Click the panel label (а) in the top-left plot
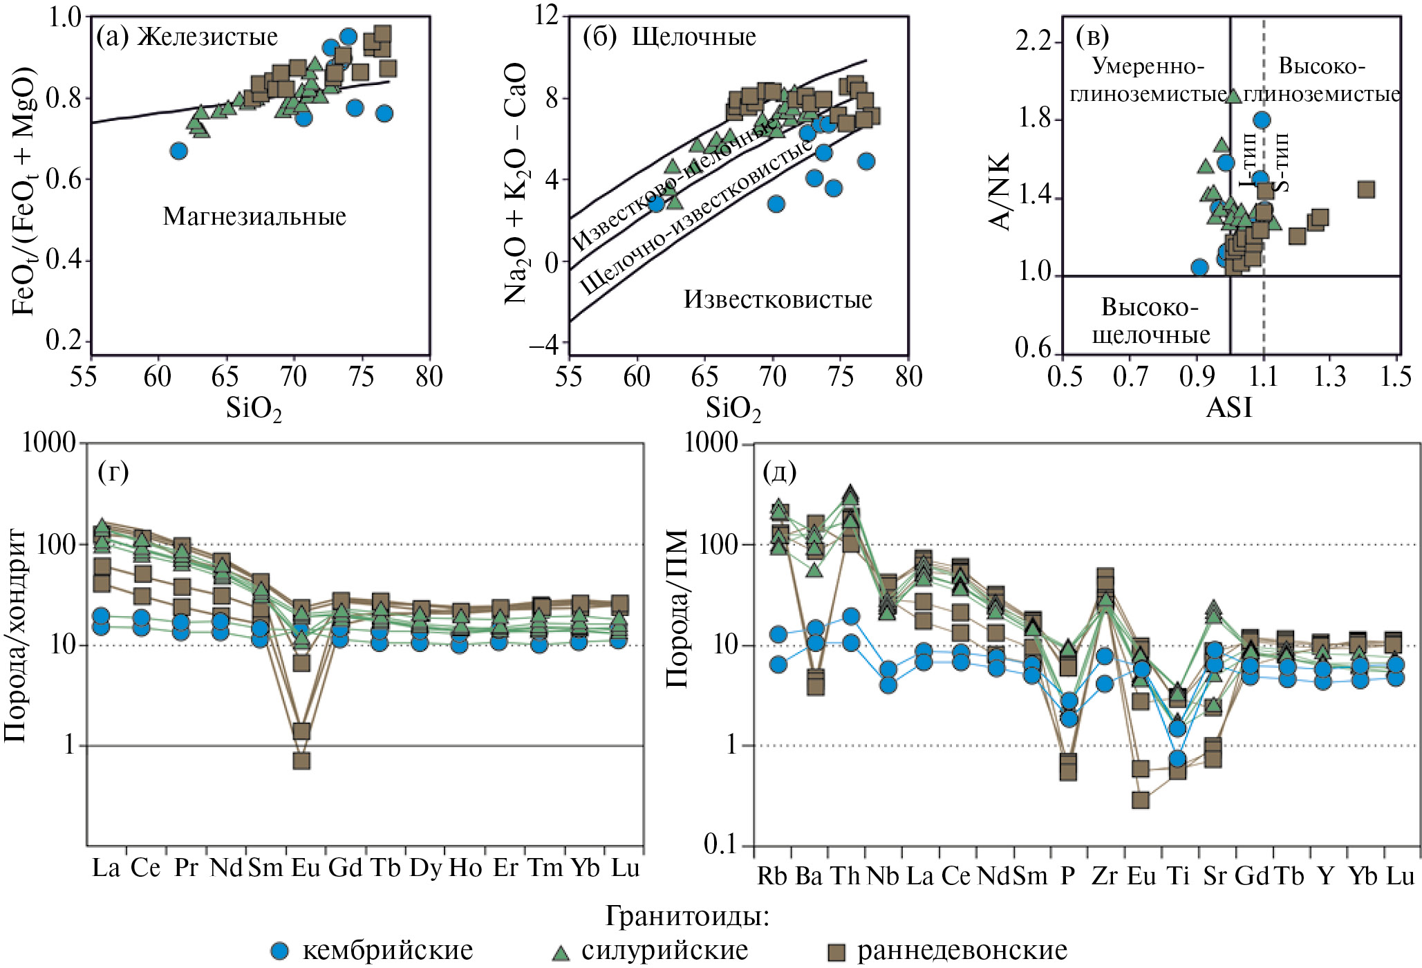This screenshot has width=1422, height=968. [x=112, y=37]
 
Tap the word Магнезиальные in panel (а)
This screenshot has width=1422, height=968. [x=254, y=216]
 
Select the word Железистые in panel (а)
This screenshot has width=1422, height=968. [x=207, y=37]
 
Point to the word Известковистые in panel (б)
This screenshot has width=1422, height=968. [x=778, y=299]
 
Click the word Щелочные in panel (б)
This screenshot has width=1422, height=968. [x=694, y=37]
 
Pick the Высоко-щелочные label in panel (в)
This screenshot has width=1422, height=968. [x=1150, y=321]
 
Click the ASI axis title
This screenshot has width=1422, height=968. [x=1228, y=407]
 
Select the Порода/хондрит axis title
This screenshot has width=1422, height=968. [x=15, y=636]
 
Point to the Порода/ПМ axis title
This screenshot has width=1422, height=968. [x=677, y=608]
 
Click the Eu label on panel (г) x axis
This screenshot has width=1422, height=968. [x=306, y=868]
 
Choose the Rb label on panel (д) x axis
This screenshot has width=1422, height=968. [x=771, y=876]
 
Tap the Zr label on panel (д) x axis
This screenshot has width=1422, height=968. [x=1104, y=876]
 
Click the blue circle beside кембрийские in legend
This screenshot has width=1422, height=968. [x=279, y=951]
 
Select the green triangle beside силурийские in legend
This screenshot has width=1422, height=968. [x=561, y=952]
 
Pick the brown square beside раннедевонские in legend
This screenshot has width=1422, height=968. [x=836, y=952]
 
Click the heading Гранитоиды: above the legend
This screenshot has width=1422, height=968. [x=687, y=916]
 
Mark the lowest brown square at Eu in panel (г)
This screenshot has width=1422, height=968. [x=301, y=761]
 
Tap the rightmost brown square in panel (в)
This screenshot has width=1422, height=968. [x=1365, y=189]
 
